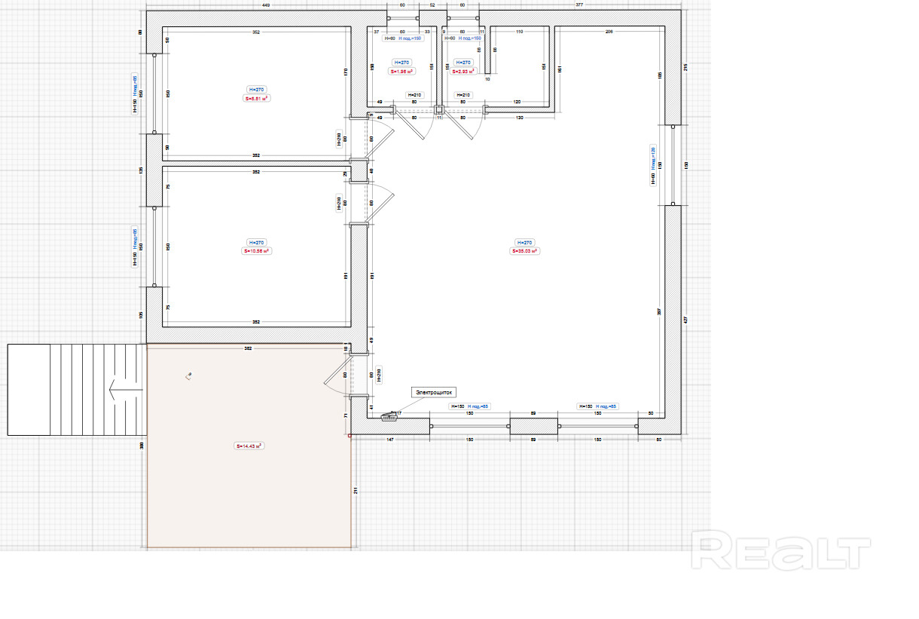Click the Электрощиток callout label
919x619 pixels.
tap(433, 392)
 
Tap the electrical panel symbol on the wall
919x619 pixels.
tap(389, 415)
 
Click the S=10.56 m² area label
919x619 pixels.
tap(256, 251)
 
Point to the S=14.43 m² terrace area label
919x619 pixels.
tap(249, 446)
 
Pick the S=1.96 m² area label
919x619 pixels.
tap(402, 72)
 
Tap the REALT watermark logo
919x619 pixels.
tap(781, 550)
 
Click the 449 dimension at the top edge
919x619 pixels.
tap(266, 5)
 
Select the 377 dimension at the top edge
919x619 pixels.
tap(579, 5)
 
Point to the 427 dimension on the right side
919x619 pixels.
tap(685, 319)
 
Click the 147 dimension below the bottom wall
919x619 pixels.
tap(390, 438)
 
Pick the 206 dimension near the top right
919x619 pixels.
tap(609, 32)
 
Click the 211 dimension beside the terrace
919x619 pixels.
tap(356, 491)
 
